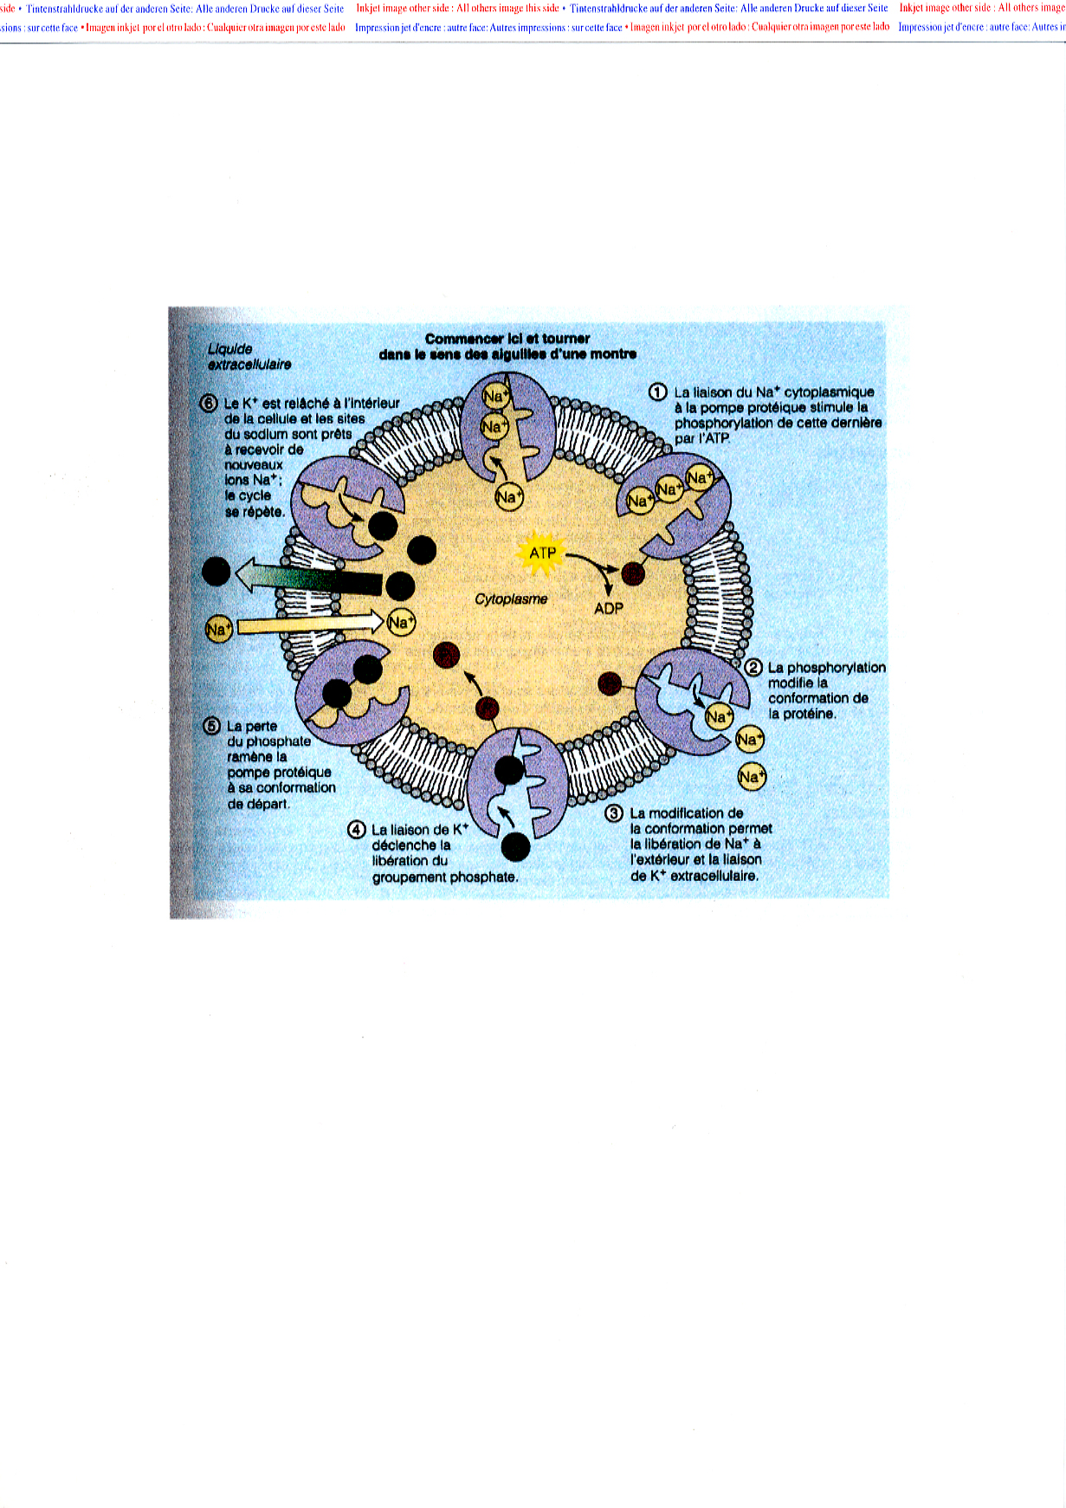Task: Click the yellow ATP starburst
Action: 542,553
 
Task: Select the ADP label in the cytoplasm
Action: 609,609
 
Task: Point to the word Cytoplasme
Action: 511,599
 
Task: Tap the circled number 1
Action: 658,392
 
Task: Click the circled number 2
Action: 753,668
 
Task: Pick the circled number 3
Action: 614,814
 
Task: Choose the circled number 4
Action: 357,830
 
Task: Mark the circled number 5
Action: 212,726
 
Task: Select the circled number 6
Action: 209,403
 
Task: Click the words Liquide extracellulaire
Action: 249,357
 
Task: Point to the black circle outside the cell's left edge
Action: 216,572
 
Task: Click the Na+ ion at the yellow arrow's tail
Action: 218,630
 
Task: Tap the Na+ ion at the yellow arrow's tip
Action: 401,622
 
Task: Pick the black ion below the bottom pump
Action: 515,846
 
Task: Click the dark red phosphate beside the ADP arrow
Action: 633,573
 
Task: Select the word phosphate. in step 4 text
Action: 488,877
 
